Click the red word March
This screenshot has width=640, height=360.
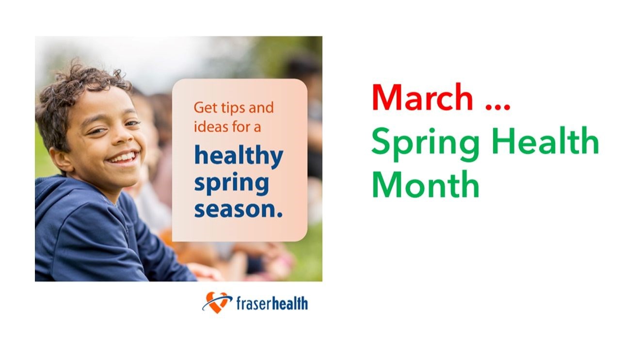point(422,97)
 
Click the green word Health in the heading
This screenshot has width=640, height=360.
point(545,141)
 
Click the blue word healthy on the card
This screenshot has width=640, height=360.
point(239,156)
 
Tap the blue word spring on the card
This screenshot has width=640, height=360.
point(231,183)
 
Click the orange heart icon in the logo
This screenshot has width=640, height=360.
point(217,302)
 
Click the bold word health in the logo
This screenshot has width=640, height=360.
point(290,304)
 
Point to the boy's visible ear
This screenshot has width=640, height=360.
point(61,161)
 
